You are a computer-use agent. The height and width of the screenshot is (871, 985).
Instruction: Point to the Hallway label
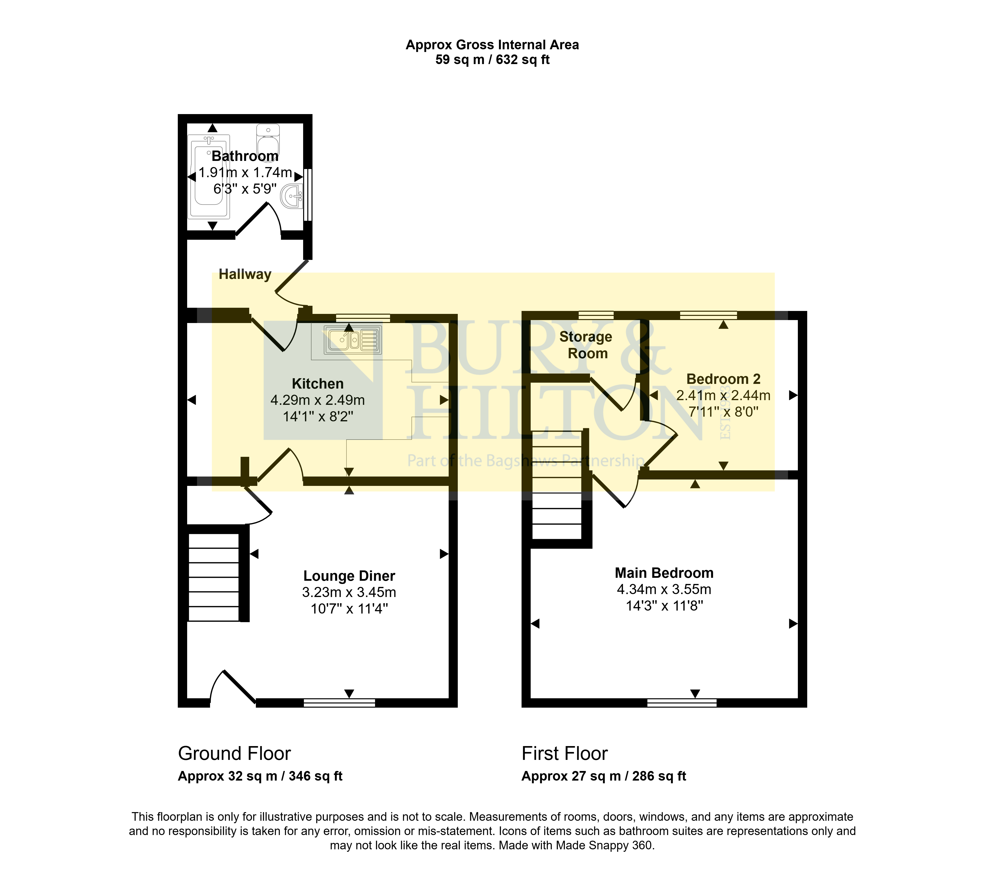click(245, 274)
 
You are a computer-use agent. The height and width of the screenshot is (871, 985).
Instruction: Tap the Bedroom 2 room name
click(723, 379)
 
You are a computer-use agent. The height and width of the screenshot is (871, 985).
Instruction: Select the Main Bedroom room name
click(664, 573)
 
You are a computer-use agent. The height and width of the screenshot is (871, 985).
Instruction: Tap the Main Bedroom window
click(681, 703)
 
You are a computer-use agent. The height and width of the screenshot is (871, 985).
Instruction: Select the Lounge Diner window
click(339, 703)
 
